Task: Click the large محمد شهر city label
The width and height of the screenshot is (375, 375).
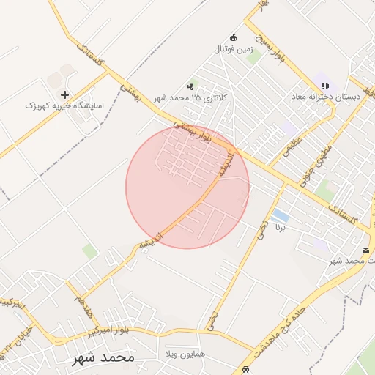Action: pyautogui.click(x=104, y=358)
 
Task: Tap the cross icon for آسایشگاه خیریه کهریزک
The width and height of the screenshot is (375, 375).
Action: pyautogui.click(x=65, y=94)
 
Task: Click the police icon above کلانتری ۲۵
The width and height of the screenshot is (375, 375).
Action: pyautogui.click(x=192, y=86)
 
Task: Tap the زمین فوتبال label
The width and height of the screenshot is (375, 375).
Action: pyautogui.click(x=232, y=49)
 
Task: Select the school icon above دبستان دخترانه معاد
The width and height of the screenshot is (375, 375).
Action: pyautogui.click(x=325, y=86)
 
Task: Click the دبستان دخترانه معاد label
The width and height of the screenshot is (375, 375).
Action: pyautogui.click(x=323, y=97)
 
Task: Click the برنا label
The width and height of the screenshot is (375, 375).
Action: pyautogui.click(x=278, y=229)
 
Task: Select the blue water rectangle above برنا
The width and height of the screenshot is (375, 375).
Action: pyautogui.click(x=279, y=215)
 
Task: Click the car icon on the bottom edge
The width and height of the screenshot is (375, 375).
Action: pyautogui.click(x=247, y=370)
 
